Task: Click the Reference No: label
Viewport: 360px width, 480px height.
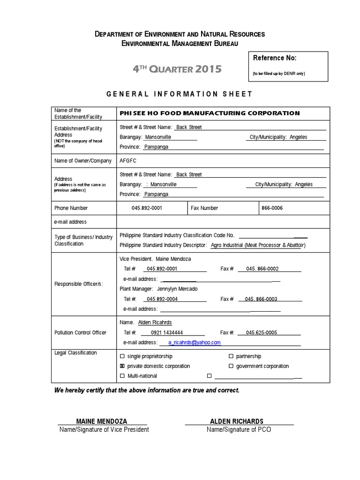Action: (x=275, y=58)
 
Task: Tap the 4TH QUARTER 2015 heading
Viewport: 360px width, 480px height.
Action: (x=177, y=70)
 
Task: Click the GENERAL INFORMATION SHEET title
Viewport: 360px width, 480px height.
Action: (x=180, y=94)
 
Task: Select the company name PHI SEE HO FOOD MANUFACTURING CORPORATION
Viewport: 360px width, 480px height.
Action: (x=210, y=113)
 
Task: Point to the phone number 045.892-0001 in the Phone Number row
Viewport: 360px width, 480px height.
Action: (x=147, y=208)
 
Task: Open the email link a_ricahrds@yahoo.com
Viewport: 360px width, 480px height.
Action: (x=195, y=343)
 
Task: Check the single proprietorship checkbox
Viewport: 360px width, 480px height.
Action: (x=123, y=357)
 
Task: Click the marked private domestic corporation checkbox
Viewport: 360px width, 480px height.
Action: (x=123, y=366)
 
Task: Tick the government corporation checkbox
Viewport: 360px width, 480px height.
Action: (x=231, y=366)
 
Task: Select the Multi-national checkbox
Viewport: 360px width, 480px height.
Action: (x=123, y=376)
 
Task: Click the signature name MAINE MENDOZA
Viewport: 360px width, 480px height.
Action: (x=102, y=421)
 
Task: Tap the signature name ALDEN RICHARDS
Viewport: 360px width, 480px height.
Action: (x=239, y=421)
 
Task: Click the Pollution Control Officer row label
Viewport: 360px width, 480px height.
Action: (x=81, y=333)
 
